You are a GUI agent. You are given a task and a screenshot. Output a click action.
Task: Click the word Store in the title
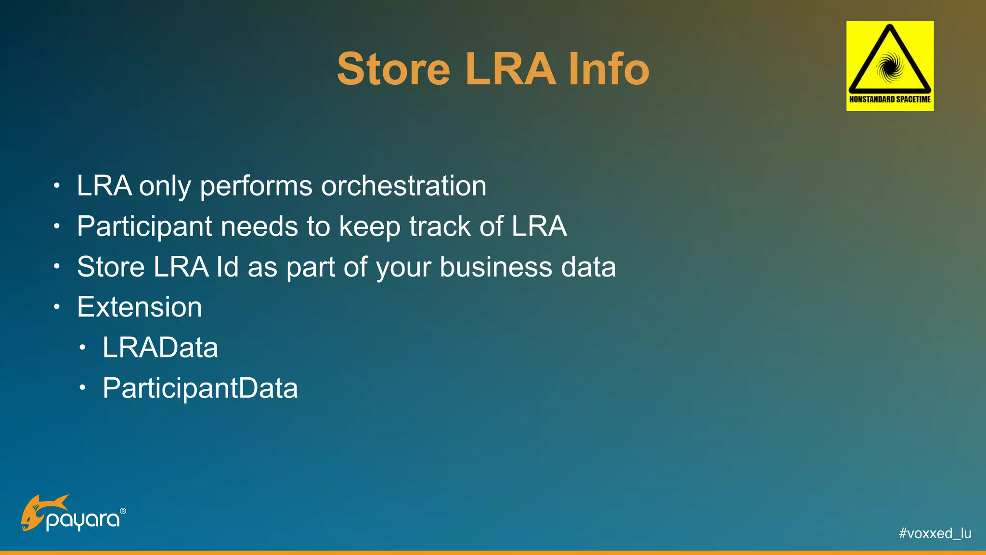[x=393, y=69]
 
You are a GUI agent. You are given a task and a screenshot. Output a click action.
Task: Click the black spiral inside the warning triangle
[x=890, y=66]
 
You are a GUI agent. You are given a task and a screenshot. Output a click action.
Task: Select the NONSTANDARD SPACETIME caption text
[x=890, y=99]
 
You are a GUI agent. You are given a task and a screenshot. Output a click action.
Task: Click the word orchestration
[x=403, y=186]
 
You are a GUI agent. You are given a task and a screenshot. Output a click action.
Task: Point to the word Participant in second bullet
[x=144, y=226]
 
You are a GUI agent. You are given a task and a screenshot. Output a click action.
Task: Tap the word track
[x=440, y=226]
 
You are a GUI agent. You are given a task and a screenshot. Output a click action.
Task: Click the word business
[x=495, y=267]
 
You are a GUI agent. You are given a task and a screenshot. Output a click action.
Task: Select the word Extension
[x=140, y=307]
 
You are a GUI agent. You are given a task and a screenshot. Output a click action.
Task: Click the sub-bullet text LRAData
[x=160, y=348]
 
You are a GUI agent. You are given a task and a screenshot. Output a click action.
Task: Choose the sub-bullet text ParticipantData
[x=200, y=388]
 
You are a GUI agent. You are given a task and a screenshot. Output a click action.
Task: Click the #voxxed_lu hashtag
[x=935, y=533]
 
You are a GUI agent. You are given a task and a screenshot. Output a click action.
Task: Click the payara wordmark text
[x=83, y=520]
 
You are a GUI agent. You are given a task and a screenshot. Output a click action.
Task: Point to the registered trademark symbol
[x=123, y=511]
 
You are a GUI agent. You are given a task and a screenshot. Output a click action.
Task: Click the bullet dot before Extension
[x=57, y=307]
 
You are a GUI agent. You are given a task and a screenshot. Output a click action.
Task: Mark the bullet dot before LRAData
[x=83, y=347]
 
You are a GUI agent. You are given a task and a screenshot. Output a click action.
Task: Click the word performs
[x=256, y=186]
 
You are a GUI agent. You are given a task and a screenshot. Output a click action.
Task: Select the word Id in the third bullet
[x=227, y=267]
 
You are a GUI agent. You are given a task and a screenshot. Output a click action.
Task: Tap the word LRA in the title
[x=510, y=69]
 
